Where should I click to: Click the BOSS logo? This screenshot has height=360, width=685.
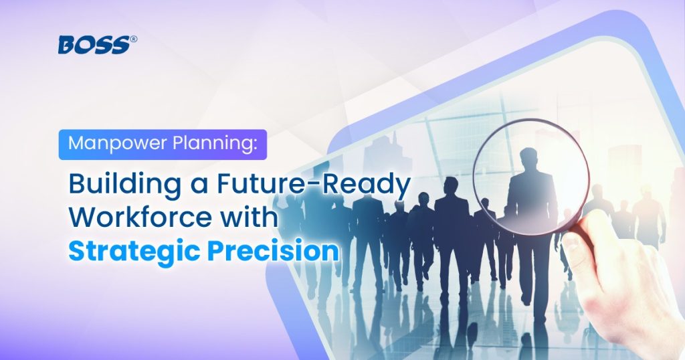point(98,45)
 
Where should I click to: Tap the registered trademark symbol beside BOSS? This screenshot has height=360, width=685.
point(133,39)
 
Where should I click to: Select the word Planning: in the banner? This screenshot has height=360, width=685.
point(214,144)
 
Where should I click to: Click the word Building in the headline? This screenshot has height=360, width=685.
point(124,185)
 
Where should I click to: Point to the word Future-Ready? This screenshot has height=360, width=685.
point(314,185)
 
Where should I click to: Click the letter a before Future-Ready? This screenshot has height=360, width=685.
point(199,187)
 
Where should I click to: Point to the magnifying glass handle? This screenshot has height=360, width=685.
point(583,223)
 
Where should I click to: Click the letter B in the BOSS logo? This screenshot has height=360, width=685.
point(68,45)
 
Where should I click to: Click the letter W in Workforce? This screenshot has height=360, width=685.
point(82,217)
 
